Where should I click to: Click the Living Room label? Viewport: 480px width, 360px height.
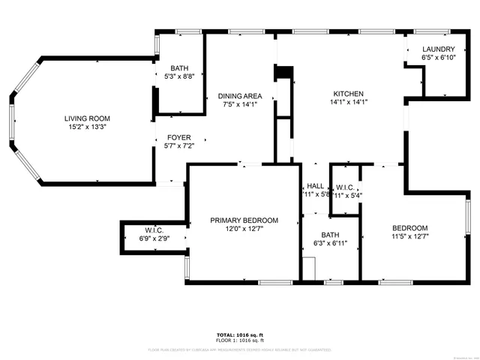[87, 118]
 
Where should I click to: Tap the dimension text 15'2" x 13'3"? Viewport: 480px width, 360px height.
[87, 127]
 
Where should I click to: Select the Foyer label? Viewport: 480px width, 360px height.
[178, 137]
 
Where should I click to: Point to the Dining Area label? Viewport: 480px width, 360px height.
[240, 96]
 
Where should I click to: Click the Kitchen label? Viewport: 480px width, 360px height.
[349, 94]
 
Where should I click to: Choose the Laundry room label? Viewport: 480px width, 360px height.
[438, 49]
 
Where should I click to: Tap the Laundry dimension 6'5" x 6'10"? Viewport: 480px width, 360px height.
[438, 58]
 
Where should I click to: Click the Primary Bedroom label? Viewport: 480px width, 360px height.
[244, 220]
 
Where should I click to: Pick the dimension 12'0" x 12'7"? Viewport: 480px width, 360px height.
[244, 229]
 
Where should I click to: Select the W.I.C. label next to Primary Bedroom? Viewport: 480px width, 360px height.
[154, 230]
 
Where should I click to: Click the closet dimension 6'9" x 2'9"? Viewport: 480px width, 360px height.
[154, 238]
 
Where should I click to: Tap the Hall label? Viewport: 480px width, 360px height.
[316, 186]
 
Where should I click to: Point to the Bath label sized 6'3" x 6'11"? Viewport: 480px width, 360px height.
[331, 235]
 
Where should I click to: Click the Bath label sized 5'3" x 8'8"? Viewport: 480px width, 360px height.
[179, 67]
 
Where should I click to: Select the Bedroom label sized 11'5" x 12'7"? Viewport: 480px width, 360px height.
[409, 229]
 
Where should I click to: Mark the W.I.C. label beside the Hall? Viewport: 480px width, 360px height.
[346, 187]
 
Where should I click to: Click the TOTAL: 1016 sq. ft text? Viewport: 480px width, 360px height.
[240, 334]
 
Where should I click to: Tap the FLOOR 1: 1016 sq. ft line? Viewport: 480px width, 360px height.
[240, 340]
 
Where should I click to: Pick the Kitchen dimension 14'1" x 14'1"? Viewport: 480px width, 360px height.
[349, 102]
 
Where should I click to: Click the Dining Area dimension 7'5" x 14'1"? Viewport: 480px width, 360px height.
[240, 104]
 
